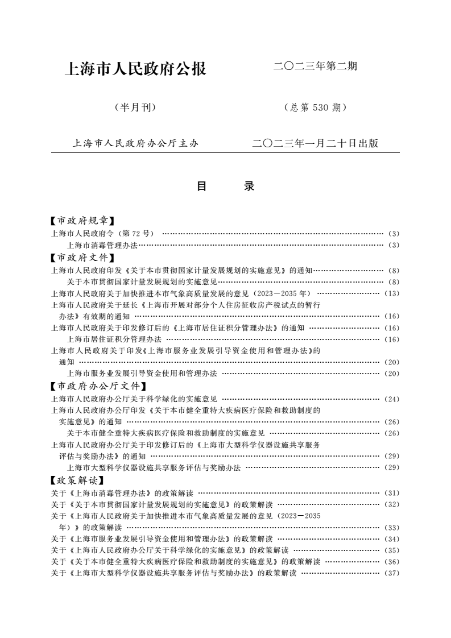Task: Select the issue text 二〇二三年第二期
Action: click(315, 67)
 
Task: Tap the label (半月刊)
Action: click(135, 107)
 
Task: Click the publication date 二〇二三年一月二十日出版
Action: click(315, 143)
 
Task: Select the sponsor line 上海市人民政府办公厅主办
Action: click(135, 143)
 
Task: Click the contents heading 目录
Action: click(225, 186)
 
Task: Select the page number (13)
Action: click(392, 293)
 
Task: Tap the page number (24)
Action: click(392, 399)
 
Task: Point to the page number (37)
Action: click(392, 573)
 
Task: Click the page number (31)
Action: click(392, 493)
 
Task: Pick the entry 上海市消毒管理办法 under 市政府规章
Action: click(102, 245)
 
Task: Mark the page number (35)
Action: click(392, 550)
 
